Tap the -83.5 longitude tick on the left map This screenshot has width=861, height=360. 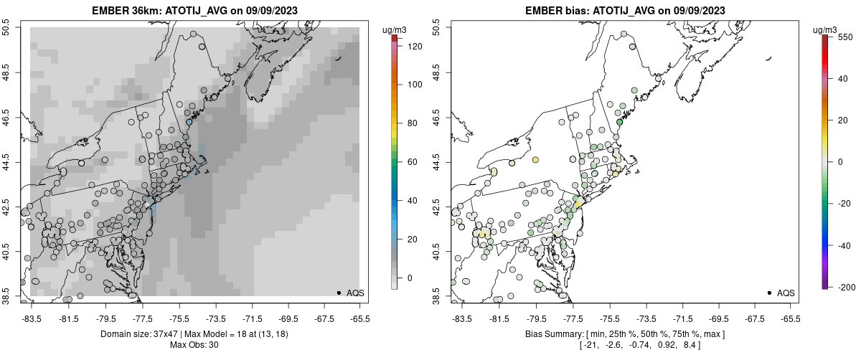pos(32,318)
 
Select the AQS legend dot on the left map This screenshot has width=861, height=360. pos(339,293)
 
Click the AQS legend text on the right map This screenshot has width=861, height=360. pos(786,293)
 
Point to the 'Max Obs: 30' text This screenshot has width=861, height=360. pos(194,345)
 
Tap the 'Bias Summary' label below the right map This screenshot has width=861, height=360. pos(554,334)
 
